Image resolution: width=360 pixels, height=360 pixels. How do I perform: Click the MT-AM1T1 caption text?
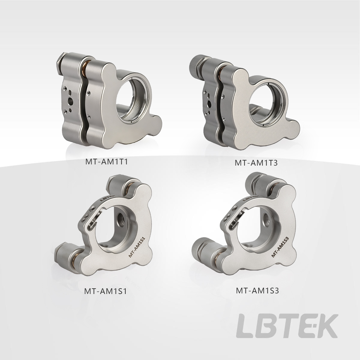(107, 162)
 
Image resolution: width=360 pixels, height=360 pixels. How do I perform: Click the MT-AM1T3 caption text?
(256, 163)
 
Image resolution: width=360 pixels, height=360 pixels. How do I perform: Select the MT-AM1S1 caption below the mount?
(106, 291)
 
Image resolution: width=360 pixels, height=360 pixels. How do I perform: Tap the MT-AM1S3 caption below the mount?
(257, 291)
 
